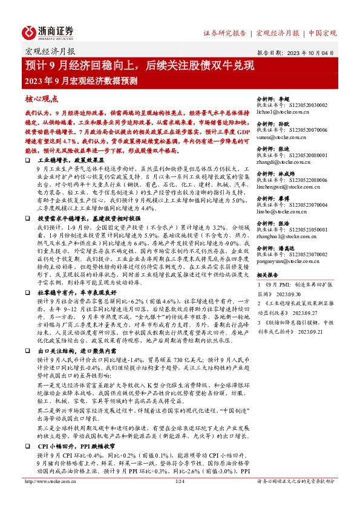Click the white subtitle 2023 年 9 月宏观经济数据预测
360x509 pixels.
click(81, 80)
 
